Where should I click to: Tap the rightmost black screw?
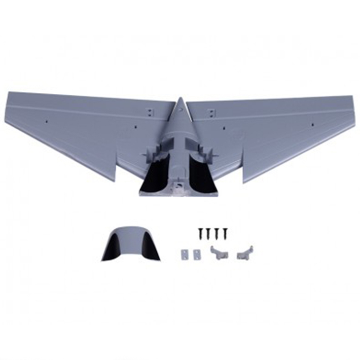[x=224, y=232]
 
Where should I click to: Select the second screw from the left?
[x=208, y=231]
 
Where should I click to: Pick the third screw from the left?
[x=216, y=232]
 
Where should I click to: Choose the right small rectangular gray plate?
[x=194, y=255]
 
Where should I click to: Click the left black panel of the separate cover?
[x=111, y=247]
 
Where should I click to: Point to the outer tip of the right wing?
[x=350, y=97]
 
